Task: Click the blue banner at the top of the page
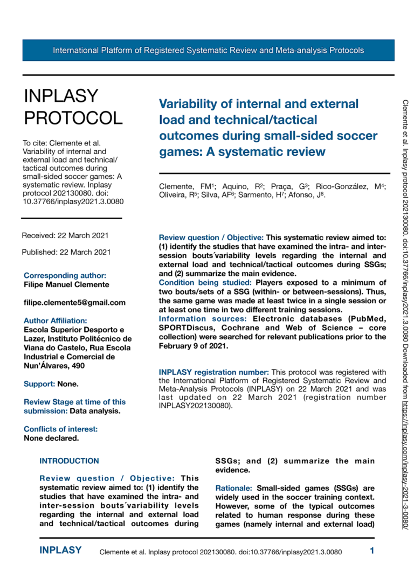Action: click(x=208, y=51)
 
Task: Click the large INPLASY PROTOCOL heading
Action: click(x=73, y=107)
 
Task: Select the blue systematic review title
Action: click(x=268, y=127)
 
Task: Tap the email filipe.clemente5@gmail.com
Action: click(x=75, y=303)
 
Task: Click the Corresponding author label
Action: click(x=65, y=275)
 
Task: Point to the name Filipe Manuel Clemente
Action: click(x=66, y=284)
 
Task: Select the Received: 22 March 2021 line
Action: click(x=65, y=235)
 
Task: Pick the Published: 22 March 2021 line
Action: click(x=66, y=252)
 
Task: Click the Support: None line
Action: click(x=51, y=384)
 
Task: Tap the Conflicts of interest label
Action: click(x=61, y=429)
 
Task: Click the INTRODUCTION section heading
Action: click(x=70, y=461)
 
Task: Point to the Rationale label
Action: click(x=234, y=488)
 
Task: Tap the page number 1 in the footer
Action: click(x=372, y=551)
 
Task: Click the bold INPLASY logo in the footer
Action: click(x=60, y=551)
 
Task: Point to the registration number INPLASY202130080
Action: click(x=195, y=406)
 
